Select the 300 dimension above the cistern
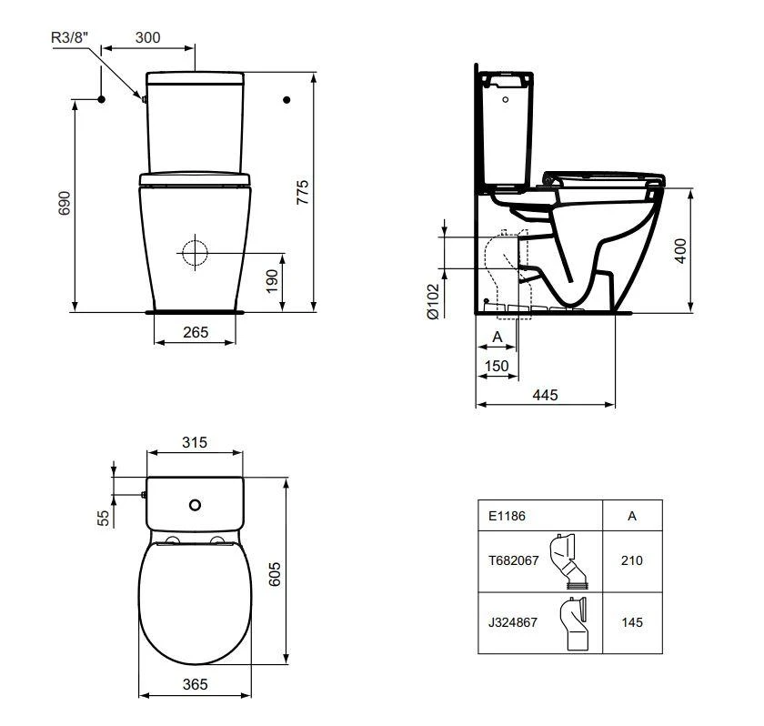[x=147, y=37]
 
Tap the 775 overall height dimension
[x=303, y=193]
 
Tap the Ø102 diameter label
[x=434, y=300]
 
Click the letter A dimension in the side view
[x=497, y=337]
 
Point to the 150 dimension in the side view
[x=497, y=366]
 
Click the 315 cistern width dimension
[x=194, y=442]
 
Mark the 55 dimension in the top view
[x=104, y=517]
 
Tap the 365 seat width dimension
[x=194, y=683]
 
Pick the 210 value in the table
[x=632, y=560]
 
